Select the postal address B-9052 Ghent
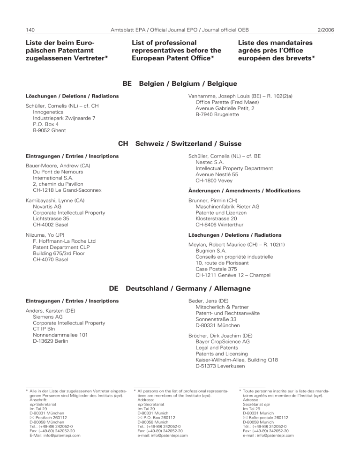(x=49, y=130)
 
